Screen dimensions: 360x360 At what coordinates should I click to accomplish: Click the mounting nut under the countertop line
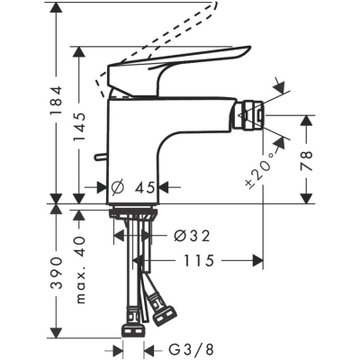[x=133, y=214]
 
